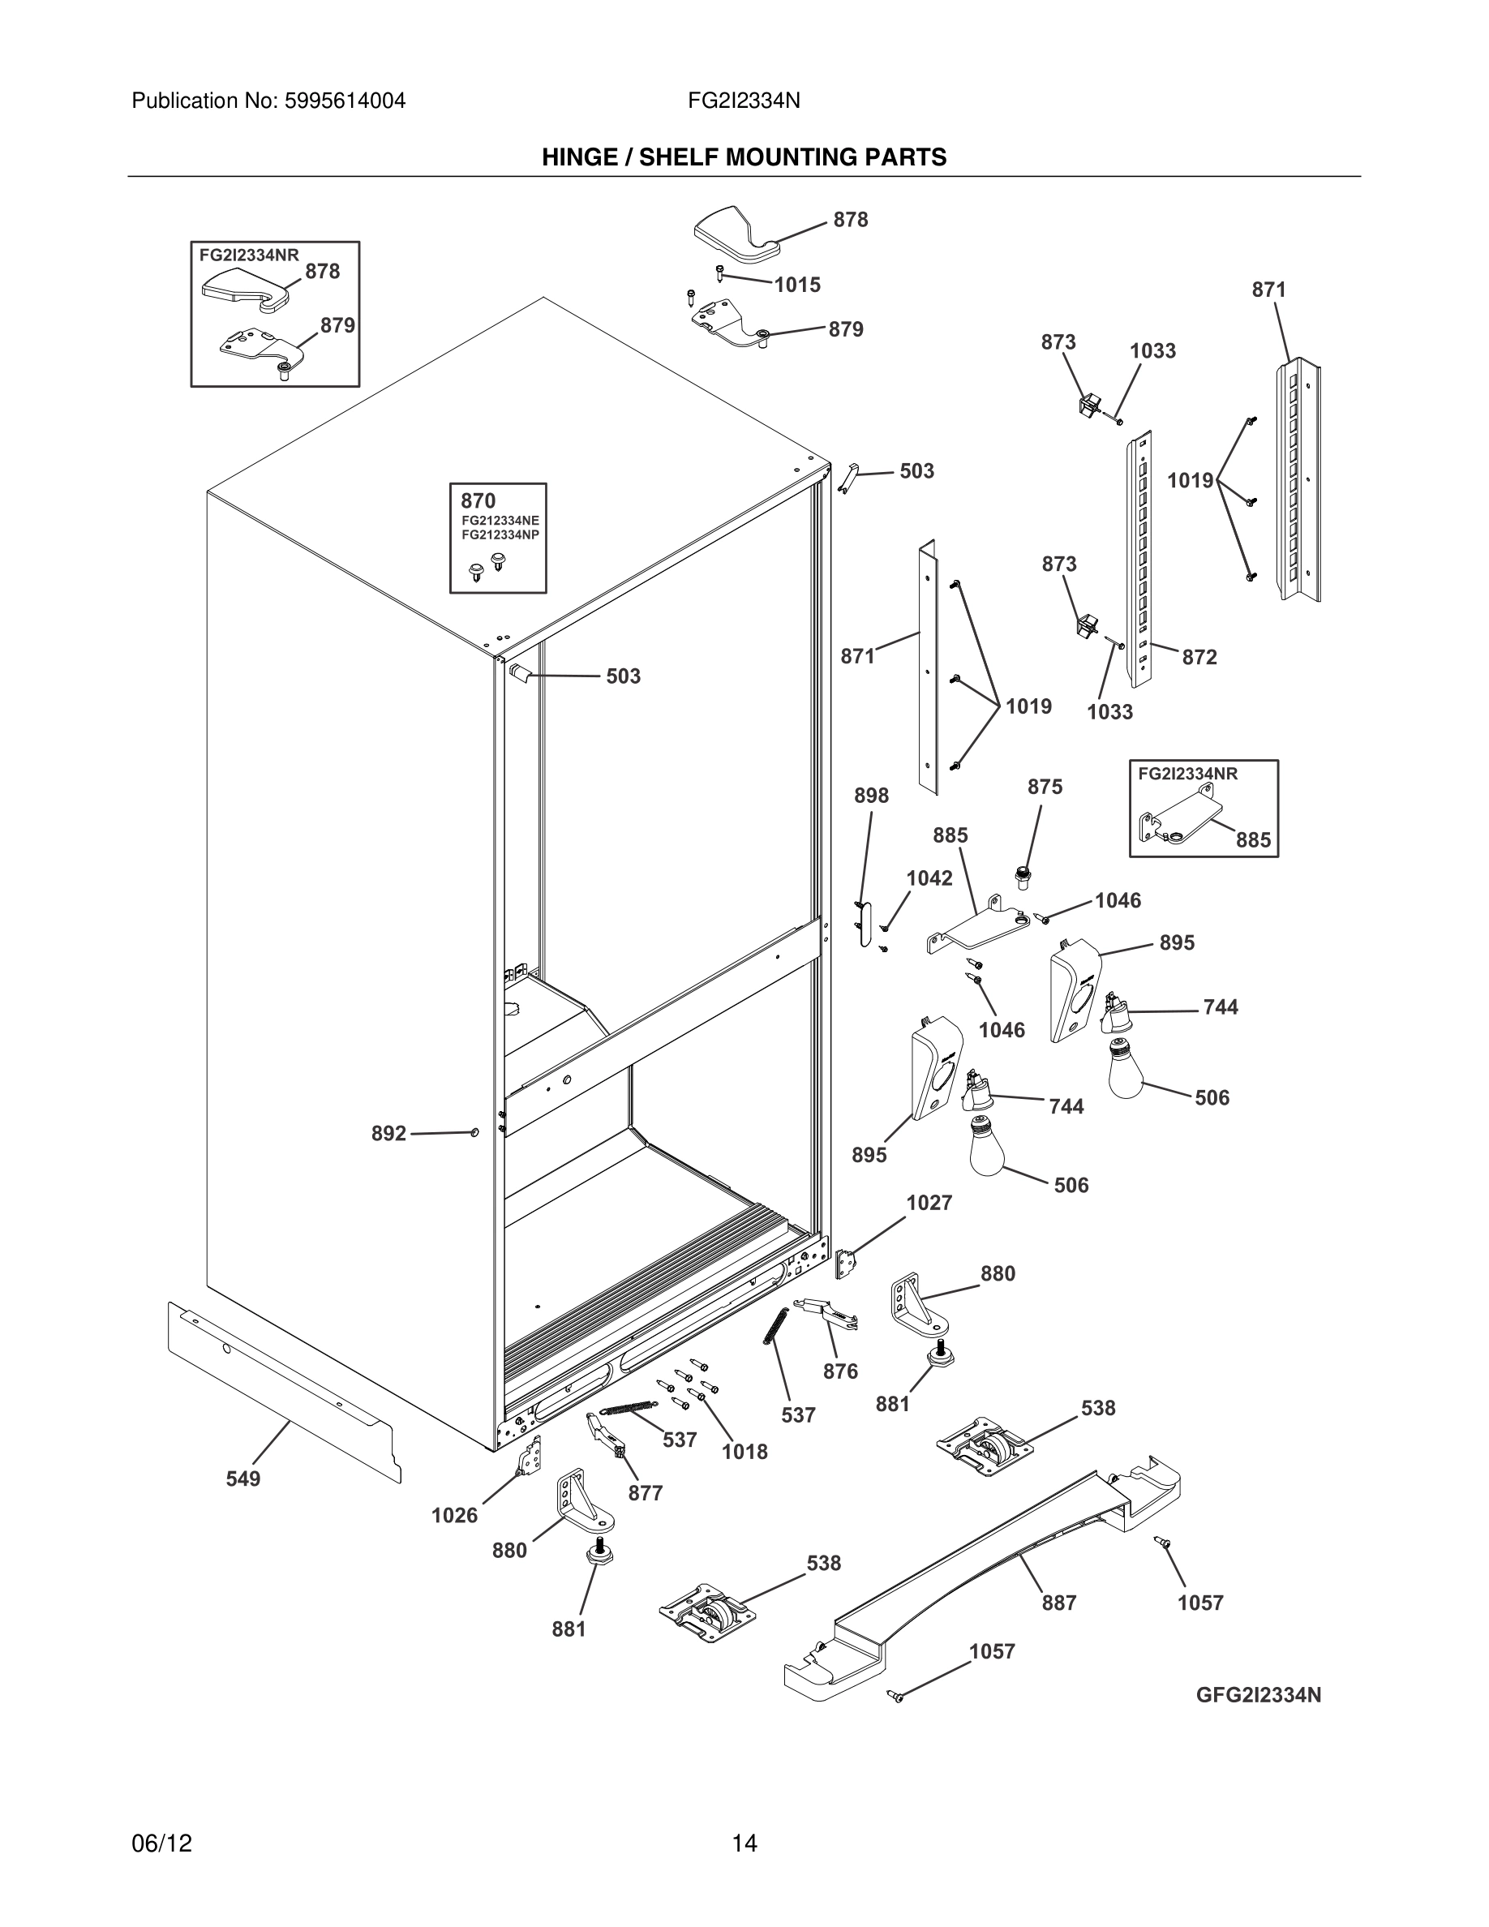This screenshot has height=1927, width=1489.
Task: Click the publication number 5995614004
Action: [344, 101]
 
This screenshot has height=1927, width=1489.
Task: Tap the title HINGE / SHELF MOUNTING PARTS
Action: [744, 157]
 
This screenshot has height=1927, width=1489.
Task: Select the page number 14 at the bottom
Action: [744, 1843]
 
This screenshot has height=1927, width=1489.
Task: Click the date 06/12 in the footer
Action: [161, 1843]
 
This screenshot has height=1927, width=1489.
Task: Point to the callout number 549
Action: [242, 1479]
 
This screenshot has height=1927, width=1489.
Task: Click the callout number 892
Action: [388, 1134]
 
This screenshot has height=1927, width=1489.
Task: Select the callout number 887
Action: [1058, 1603]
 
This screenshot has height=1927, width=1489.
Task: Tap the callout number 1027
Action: [929, 1203]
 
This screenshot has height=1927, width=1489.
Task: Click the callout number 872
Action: [1199, 657]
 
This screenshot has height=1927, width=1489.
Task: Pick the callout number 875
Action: [1045, 786]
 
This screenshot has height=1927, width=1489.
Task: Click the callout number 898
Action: [871, 796]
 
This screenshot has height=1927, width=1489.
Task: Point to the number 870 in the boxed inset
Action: [478, 501]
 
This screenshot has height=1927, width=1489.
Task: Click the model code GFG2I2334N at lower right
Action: [1258, 1695]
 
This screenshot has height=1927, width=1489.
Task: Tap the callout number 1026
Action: [453, 1516]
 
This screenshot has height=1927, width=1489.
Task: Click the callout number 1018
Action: [744, 1453]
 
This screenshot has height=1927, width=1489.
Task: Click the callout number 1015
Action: [796, 285]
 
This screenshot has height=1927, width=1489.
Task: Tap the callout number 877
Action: [645, 1494]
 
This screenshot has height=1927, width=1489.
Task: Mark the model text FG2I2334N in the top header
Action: [744, 101]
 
